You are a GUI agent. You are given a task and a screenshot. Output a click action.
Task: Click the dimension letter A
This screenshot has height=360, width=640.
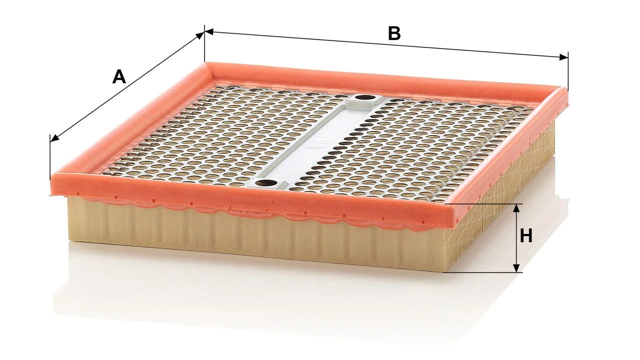click(119, 77)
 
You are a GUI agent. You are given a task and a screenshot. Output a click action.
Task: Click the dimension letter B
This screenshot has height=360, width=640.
click(394, 33)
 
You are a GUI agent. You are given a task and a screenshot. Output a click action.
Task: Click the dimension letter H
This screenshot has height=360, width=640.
click(526, 236)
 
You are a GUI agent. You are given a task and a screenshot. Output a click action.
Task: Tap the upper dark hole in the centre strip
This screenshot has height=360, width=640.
click(365, 97)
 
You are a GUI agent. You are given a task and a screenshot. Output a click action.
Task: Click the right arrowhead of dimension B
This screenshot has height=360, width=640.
click(563, 57)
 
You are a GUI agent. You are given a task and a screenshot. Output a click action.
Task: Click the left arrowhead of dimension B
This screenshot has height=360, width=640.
click(209, 31)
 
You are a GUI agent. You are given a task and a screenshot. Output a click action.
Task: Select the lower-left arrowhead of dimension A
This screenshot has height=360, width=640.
click(54, 138)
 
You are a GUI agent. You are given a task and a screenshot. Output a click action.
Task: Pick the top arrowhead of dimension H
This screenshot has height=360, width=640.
click(516, 208)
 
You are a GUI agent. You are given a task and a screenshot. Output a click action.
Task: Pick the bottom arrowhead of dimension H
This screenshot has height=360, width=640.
click(516, 267)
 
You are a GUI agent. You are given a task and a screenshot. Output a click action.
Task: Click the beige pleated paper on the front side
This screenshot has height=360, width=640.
click(251, 237)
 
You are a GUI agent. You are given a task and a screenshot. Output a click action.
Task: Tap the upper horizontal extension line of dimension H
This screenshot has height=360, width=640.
click(484, 204)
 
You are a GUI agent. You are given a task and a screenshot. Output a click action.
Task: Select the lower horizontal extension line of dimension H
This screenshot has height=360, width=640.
click(483, 272)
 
